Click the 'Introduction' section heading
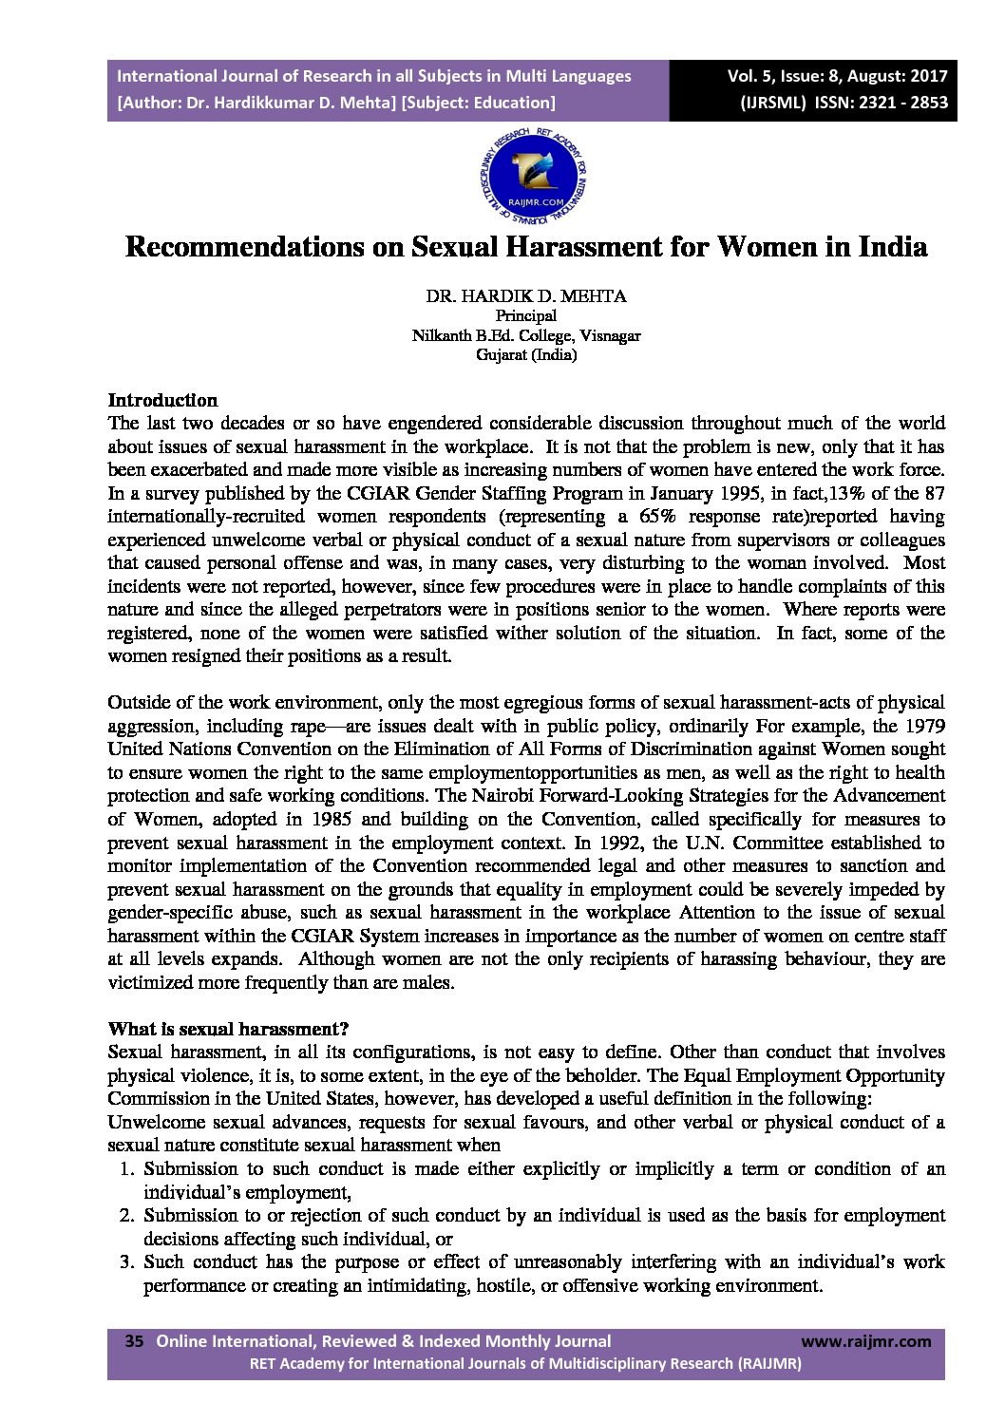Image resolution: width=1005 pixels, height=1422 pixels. (162, 400)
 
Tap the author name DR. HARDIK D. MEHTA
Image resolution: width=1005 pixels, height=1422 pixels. (525, 296)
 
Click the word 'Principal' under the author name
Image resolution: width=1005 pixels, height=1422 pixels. (526, 315)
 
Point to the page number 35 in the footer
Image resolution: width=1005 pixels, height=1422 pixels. (134, 1341)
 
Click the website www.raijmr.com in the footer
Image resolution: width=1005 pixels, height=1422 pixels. (866, 1341)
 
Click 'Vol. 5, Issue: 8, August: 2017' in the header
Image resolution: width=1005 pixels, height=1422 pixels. (837, 76)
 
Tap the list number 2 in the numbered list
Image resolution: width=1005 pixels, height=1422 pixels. (124, 1216)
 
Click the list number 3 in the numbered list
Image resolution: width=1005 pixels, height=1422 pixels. (124, 1262)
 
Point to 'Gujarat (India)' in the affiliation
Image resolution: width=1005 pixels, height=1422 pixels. (526, 355)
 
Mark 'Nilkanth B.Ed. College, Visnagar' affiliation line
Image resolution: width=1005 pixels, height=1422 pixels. (526, 335)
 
